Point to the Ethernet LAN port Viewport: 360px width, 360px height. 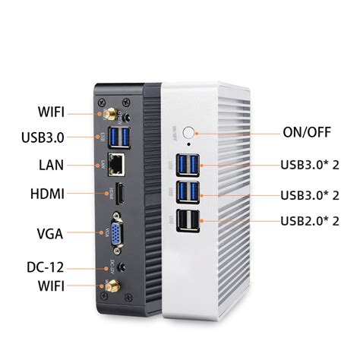pos(119,162)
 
